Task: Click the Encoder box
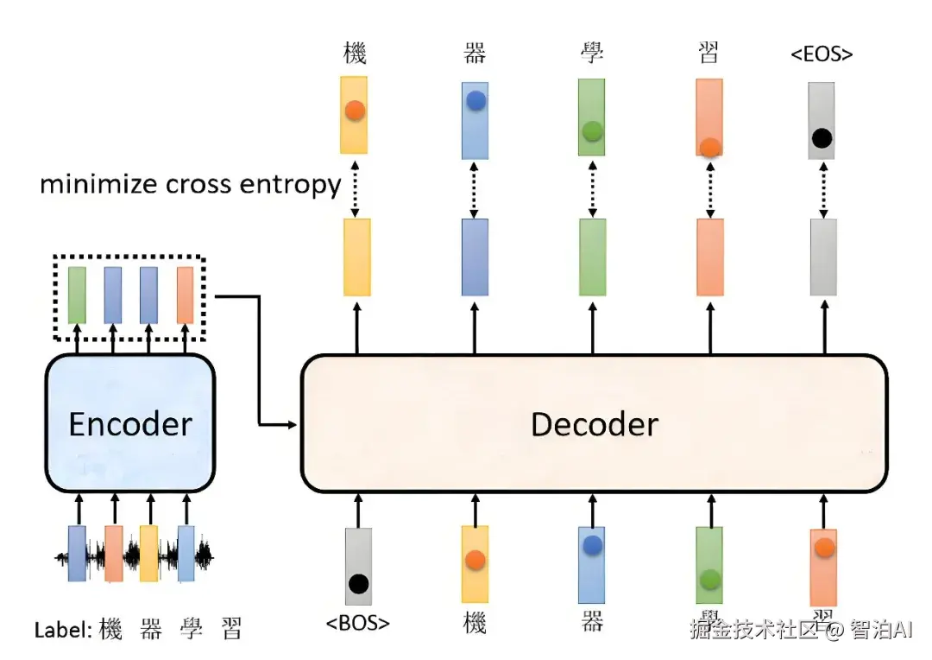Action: (x=129, y=423)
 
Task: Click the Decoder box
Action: (x=594, y=423)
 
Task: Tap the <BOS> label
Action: (x=358, y=622)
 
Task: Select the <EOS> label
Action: (x=822, y=54)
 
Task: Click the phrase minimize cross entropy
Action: (x=190, y=184)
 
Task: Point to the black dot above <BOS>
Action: (x=358, y=583)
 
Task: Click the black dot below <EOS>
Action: (x=822, y=136)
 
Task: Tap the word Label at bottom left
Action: (x=61, y=630)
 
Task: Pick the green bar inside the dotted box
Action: (x=77, y=295)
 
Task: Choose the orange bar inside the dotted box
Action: (x=185, y=295)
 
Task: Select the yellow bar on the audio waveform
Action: (x=149, y=553)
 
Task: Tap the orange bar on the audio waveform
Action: (x=113, y=553)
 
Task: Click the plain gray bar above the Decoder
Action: (x=823, y=257)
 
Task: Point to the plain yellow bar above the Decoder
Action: (x=357, y=257)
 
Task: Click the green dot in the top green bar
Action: (x=592, y=131)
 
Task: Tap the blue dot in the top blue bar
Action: (x=475, y=101)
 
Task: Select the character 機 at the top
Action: (x=355, y=54)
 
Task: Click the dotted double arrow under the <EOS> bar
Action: (x=823, y=188)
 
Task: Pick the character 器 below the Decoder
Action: (x=592, y=622)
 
